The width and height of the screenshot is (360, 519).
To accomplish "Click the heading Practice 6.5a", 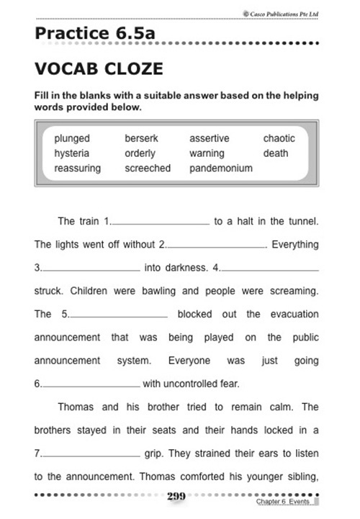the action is (x=94, y=33).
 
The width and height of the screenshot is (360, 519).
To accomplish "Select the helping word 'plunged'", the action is (x=73, y=137).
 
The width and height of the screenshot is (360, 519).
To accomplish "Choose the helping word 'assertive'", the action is (x=210, y=137).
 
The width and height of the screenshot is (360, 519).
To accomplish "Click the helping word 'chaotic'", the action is (x=279, y=137).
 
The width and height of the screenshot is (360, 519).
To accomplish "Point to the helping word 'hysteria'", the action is (x=72, y=153).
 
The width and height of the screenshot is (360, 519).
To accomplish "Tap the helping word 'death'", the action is (x=276, y=153).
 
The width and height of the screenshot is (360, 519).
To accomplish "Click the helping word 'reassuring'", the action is (x=78, y=168).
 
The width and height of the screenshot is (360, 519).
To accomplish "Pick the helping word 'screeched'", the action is (x=148, y=168).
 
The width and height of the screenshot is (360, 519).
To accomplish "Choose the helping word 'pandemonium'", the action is (x=221, y=168).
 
